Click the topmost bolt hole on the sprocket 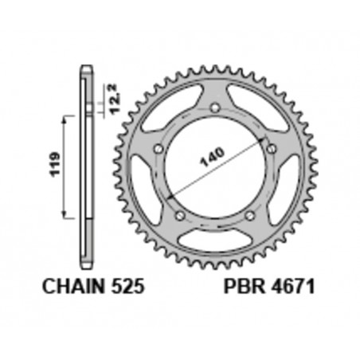point(215,112)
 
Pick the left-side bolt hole point(158,148)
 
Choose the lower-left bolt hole point(180,215)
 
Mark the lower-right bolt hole point(249,216)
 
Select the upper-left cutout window point(166,113)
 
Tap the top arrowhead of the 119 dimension point(65,117)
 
